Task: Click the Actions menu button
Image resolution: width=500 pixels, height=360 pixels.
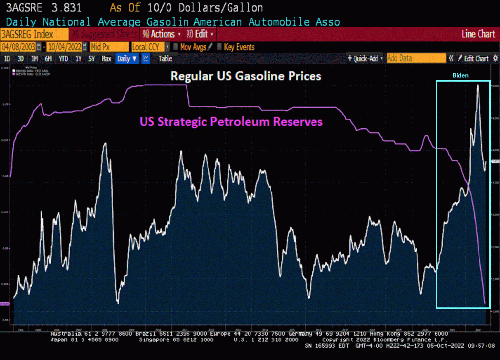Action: coord(162,34)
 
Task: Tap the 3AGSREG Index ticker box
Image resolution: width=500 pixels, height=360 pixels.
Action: coord(34,34)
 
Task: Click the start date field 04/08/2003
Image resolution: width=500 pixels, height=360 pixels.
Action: coord(19,47)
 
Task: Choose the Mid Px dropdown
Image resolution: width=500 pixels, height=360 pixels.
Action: coord(108,47)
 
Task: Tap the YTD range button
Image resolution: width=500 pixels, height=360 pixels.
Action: coord(63,59)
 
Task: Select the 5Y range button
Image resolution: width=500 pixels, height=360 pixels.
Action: coord(91,59)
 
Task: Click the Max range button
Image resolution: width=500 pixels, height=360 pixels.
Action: coord(106,59)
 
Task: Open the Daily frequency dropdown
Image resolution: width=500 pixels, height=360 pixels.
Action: coord(126,59)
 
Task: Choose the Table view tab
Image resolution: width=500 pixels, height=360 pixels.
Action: coord(165,59)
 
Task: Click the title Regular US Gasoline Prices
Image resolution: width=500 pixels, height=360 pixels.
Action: coord(245,77)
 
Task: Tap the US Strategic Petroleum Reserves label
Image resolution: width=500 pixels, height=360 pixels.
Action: coord(231,121)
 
